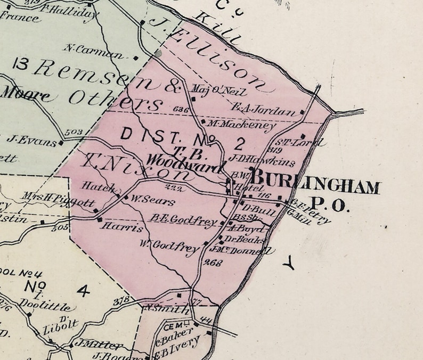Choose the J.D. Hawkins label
tap(254, 158)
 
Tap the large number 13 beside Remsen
tap(22, 66)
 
